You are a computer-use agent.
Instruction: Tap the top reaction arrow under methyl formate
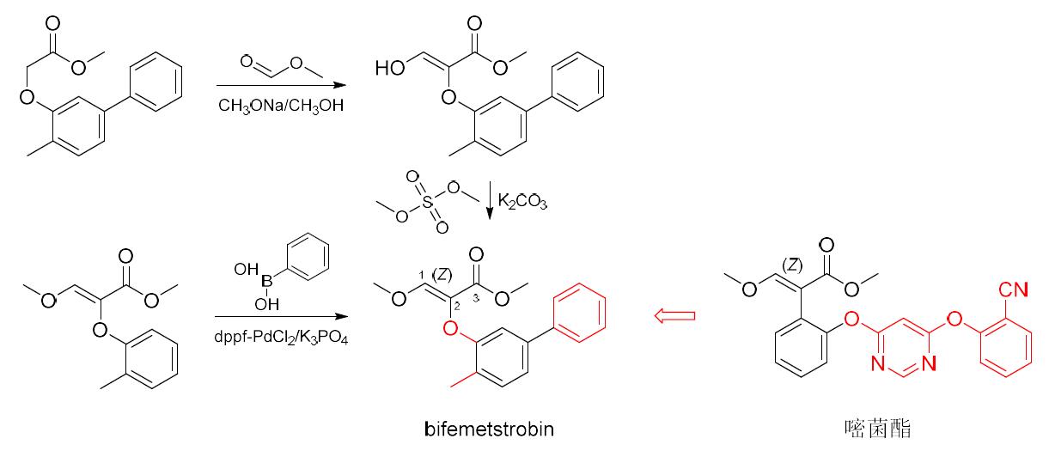tap(280, 85)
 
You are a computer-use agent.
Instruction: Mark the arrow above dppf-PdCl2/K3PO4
tap(280, 317)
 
